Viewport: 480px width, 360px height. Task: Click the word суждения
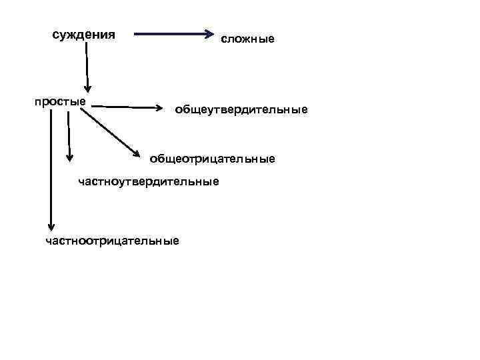(x=83, y=35)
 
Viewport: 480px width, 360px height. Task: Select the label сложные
(x=248, y=40)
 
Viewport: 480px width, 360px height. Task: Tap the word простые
(x=60, y=101)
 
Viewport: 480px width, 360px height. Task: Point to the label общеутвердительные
(x=241, y=109)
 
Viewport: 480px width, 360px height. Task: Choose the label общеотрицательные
(x=212, y=159)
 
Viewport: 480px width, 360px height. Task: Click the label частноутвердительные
(x=148, y=181)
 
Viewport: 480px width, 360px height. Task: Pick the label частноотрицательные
(x=112, y=241)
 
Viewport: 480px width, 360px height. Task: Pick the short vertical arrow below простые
(x=69, y=133)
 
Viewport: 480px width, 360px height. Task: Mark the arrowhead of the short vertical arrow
(x=69, y=157)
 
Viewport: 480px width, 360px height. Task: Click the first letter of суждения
(x=56, y=35)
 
